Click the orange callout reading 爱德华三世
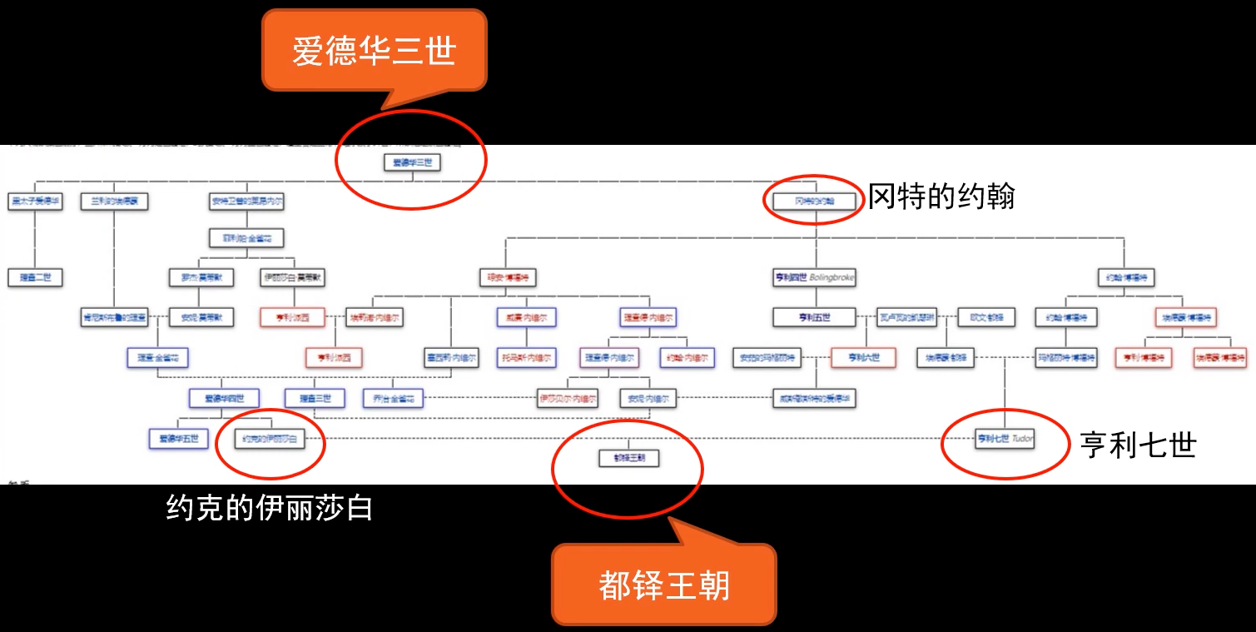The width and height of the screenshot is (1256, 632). tap(374, 50)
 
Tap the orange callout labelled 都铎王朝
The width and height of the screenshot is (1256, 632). tap(663, 585)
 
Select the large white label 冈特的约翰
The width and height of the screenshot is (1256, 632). tap(941, 197)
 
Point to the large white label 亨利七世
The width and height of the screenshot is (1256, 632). tap(1138, 445)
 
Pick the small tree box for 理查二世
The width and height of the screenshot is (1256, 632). tap(36, 276)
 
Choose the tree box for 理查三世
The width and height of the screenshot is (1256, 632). tap(315, 398)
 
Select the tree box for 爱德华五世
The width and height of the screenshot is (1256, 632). tap(178, 438)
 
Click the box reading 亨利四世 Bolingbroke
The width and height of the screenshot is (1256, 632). tap(815, 277)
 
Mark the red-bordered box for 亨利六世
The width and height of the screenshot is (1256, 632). tap(862, 357)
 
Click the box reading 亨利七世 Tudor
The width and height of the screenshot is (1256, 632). tap(1005, 438)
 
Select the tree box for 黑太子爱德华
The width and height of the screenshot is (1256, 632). tap(36, 201)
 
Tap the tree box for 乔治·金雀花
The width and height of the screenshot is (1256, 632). tap(394, 398)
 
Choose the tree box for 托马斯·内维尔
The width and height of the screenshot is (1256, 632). tap(526, 357)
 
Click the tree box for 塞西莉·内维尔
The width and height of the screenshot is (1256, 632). tap(450, 357)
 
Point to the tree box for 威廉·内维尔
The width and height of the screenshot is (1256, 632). tap(526, 317)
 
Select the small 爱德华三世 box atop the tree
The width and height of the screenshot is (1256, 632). tap(412, 162)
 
